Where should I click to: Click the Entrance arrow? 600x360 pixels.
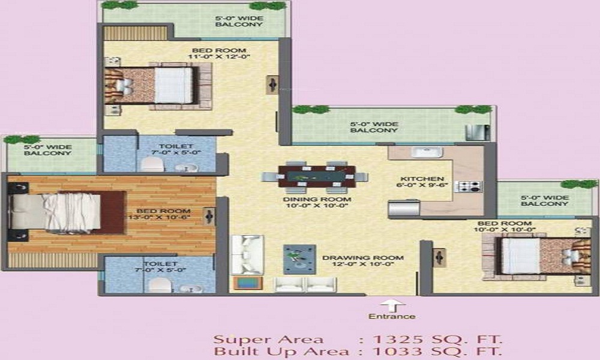(x=392, y=305)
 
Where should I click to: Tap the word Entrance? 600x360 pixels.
(x=391, y=316)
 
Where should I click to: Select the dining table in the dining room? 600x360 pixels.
(x=317, y=176)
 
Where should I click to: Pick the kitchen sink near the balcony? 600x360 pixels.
(x=426, y=152)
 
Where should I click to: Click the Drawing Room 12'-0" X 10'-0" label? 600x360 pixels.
(x=363, y=260)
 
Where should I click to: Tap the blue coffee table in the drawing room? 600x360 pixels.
(x=299, y=259)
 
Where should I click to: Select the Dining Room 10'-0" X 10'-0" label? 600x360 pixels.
(x=317, y=202)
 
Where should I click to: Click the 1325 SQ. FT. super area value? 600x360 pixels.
(x=437, y=339)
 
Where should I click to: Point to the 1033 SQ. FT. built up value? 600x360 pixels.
(x=437, y=351)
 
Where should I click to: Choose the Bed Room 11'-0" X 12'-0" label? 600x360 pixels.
(x=219, y=53)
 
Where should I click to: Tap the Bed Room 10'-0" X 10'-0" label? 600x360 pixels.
(x=505, y=226)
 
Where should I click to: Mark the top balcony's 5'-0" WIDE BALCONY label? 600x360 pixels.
(x=239, y=21)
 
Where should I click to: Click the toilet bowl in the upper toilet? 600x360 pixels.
(x=152, y=164)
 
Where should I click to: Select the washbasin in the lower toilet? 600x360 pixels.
(x=188, y=288)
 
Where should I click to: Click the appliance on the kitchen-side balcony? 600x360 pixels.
(x=478, y=133)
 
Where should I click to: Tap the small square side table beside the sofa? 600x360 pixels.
(x=248, y=283)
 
